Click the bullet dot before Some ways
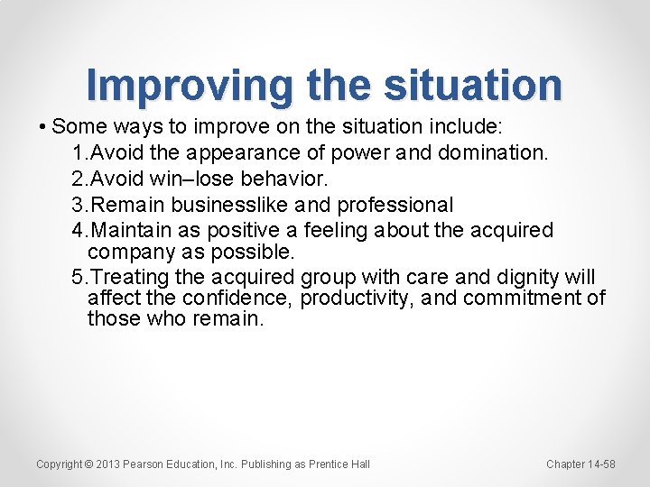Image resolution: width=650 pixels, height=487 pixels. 43,124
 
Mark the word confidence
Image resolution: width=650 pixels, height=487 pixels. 237,298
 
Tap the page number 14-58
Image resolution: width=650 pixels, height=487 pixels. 599,464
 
